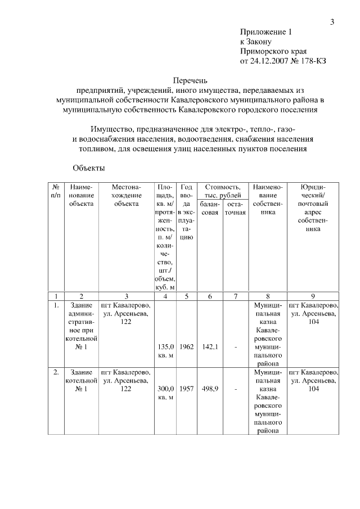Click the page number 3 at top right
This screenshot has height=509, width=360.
point(332,22)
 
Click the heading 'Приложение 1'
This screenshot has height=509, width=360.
point(266,32)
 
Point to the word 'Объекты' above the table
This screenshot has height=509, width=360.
point(89,168)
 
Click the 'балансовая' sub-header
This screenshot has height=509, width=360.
point(209,208)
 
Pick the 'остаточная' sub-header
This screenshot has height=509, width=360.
point(236,208)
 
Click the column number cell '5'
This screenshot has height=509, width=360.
point(187,296)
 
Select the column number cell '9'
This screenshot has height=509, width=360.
point(313,296)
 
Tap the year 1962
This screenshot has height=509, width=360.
point(187,347)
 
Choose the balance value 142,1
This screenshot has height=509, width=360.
point(209,347)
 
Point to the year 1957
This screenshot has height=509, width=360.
point(187,389)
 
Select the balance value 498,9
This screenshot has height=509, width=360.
point(209,389)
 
